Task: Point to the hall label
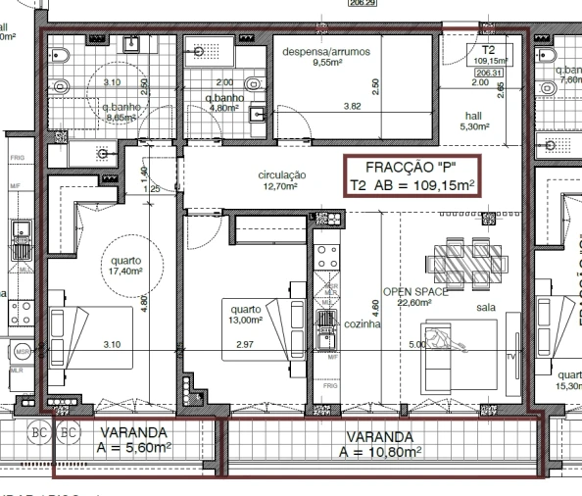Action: pyautogui.click(x=473, y=115)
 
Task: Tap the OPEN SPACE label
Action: pyautogui.click(x=414, y=292)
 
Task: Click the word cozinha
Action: pyautogui.click(x=362, y=323)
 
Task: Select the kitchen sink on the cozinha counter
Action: pyautogui.click(x=325, y=321)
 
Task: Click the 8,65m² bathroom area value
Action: pyautogui.click(x=121, y=117)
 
